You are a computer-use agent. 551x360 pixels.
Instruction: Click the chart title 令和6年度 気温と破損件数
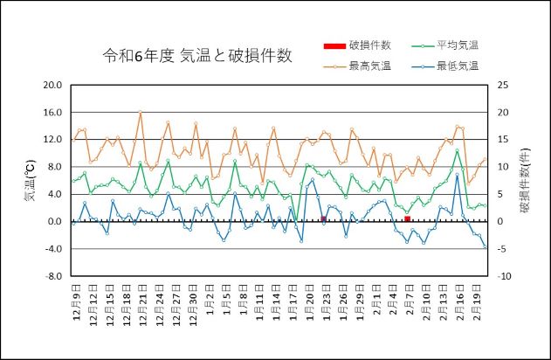click(x=197, y=56)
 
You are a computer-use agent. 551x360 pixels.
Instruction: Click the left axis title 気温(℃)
click(x=29, y=181)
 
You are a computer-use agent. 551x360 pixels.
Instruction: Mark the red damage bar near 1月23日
click(x=323, y=218)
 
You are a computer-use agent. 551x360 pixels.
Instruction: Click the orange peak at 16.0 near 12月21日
click(x=141, y=112)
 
